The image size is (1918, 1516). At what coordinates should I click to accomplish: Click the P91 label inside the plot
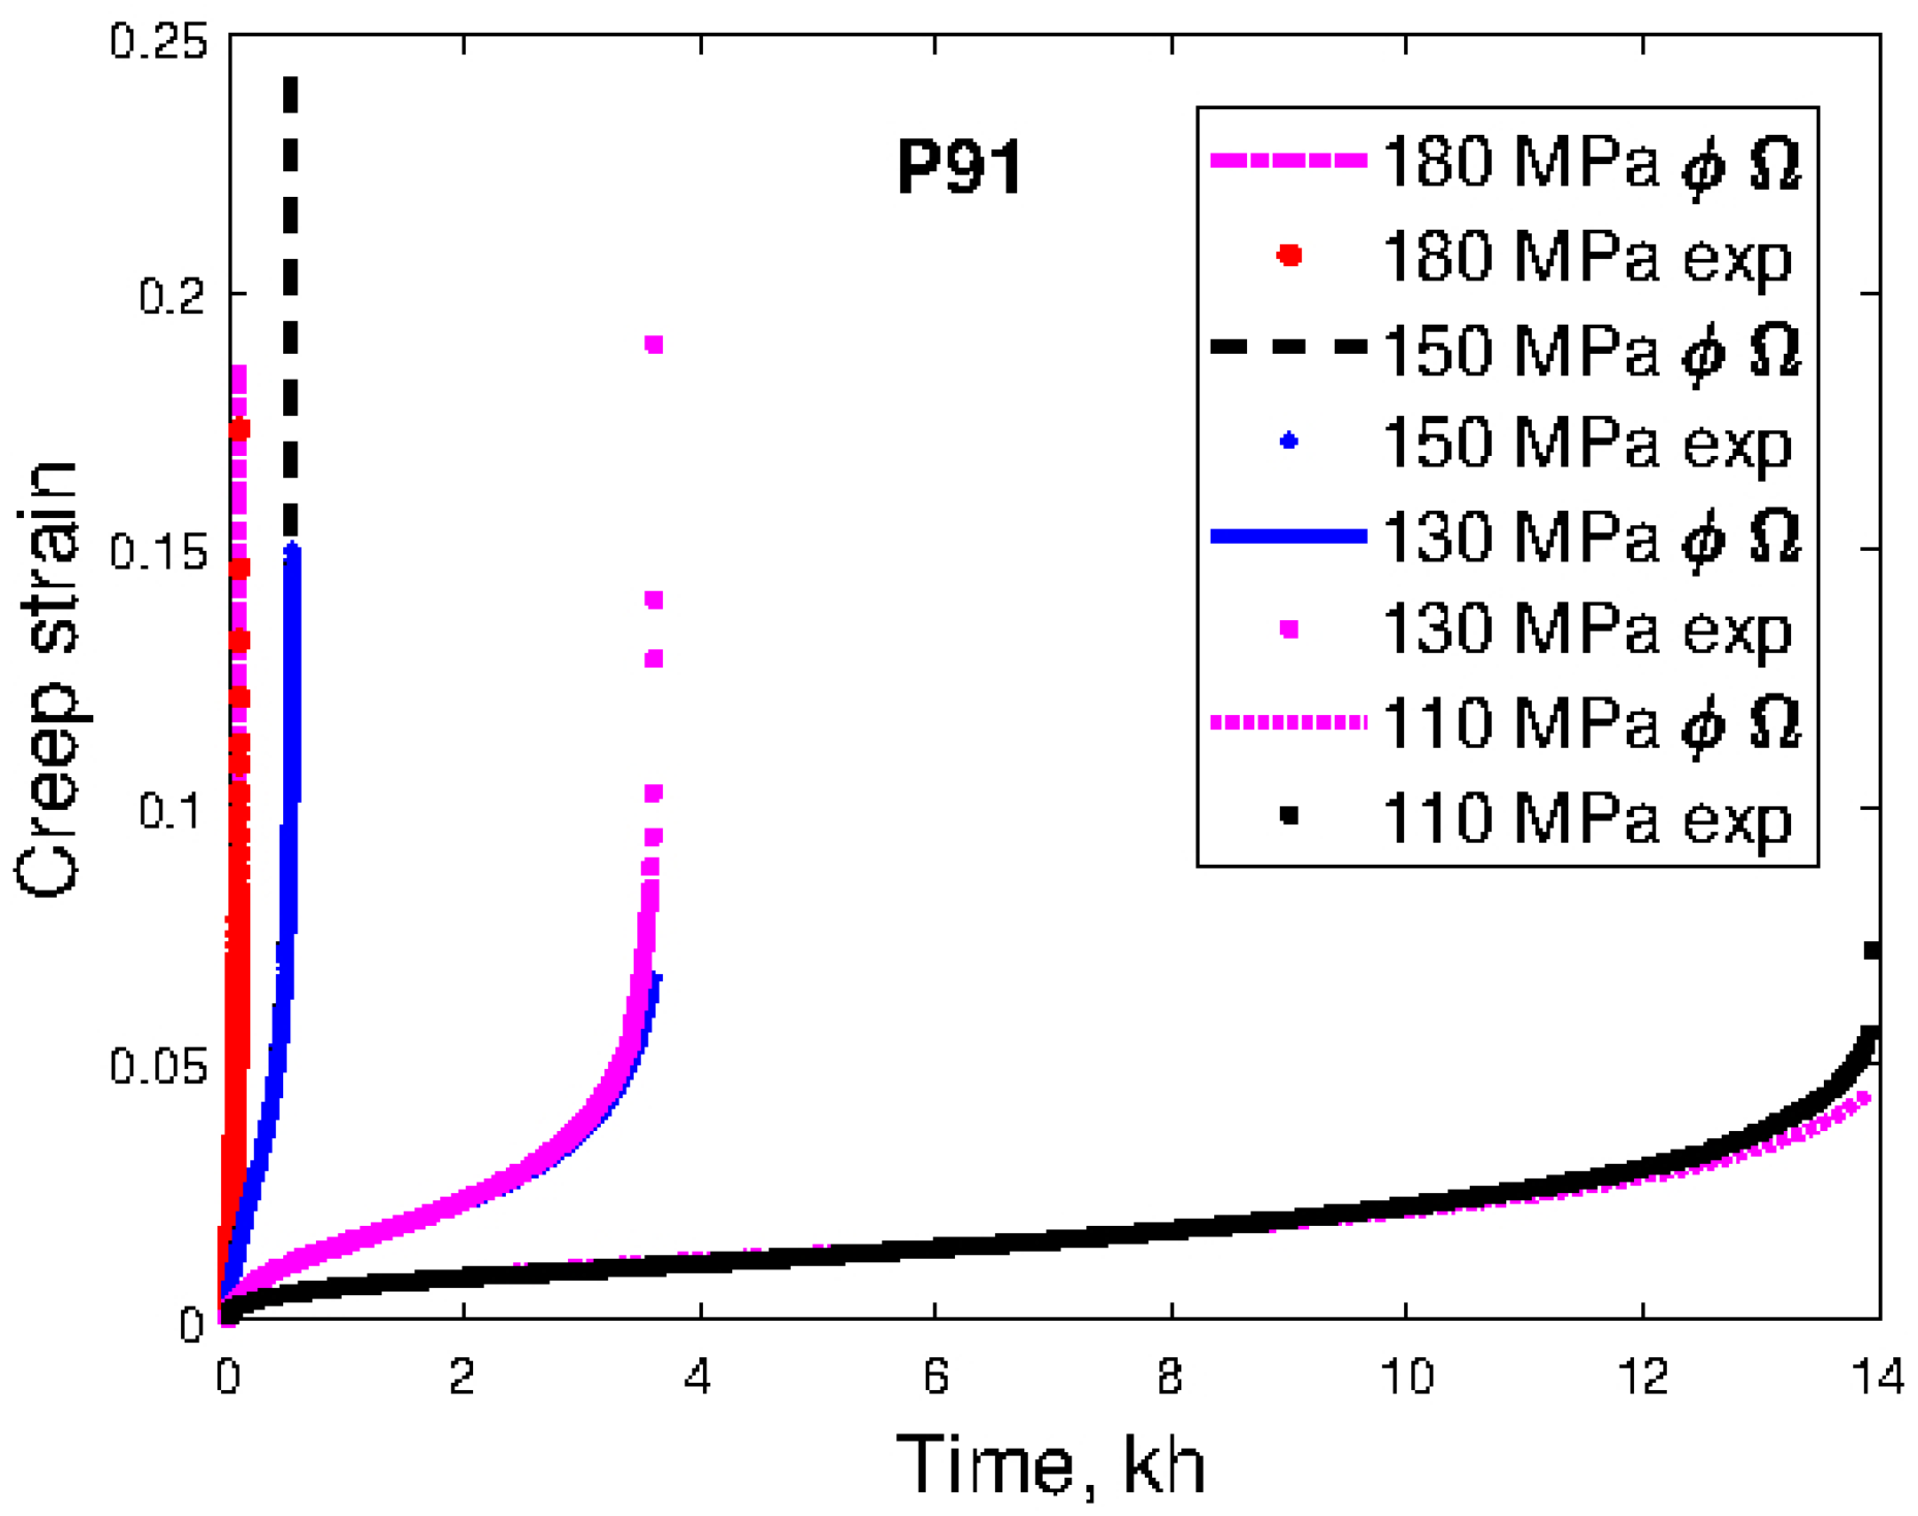tap(959, 167)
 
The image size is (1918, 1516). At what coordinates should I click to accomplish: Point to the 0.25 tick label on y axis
tap(158, 42)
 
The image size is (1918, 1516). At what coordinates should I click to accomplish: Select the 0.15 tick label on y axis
tap(158, 552)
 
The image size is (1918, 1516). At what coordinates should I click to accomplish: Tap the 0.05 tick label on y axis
tap(158, 1064)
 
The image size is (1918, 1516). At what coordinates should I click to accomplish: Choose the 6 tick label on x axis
tap(935, 1377)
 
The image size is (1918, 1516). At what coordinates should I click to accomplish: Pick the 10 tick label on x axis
tap(1406, 1377)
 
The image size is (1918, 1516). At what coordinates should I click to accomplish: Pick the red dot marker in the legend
tap(1289, 255)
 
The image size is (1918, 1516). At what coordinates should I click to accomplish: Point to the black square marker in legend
tap(1289, 815)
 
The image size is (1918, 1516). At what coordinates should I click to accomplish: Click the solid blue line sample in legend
tap(1289, 535)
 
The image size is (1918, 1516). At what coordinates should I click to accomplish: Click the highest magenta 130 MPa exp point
tap(654, 344)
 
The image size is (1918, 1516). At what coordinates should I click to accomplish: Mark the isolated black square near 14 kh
tap(1872, 951)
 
